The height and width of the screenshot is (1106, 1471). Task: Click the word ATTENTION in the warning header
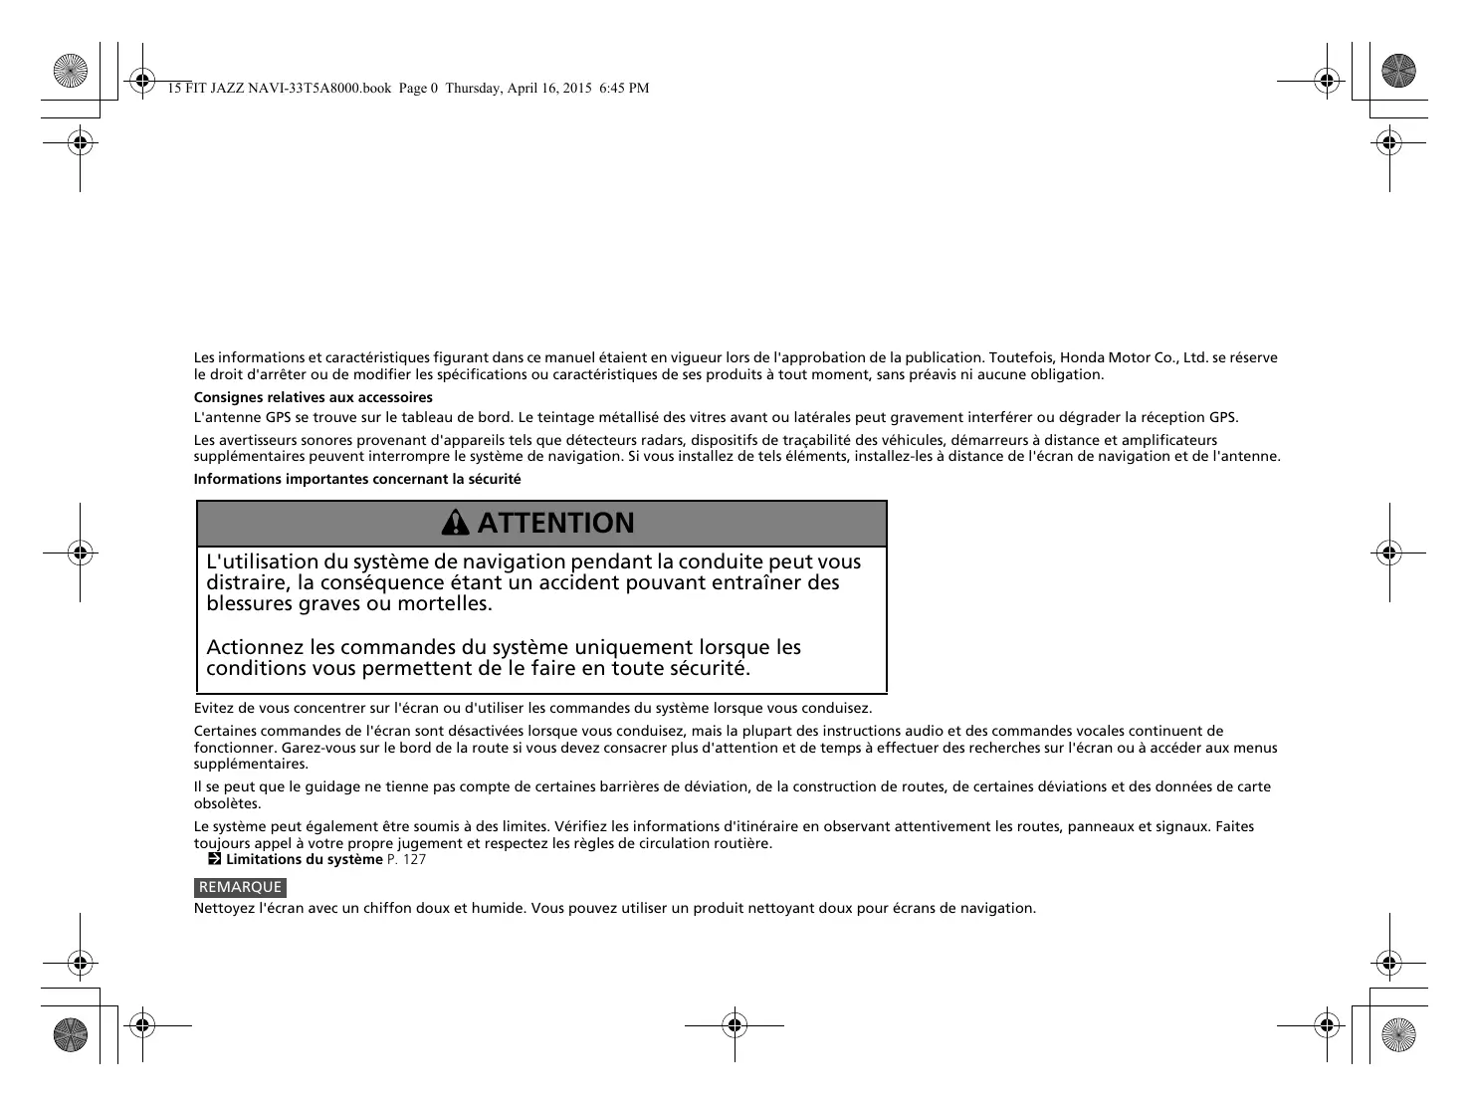(555, 524)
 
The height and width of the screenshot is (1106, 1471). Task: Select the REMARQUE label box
(240, 887)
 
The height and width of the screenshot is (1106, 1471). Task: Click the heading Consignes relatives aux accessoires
(313, 397)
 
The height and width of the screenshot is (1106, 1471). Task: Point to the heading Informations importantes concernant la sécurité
(357, 479)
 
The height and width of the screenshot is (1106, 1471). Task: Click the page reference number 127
(415, 859)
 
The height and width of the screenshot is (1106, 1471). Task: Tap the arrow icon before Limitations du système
(214, 859)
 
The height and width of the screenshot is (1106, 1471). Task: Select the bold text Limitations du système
(304, 859)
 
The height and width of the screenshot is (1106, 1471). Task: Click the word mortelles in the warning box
(444, 603)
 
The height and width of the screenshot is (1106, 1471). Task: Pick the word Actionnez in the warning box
(255, 647)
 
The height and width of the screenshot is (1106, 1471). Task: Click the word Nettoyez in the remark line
(223, 908)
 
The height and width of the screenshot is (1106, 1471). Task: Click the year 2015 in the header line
(576, 88)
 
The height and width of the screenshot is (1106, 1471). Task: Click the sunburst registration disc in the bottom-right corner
(1398, 1034)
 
